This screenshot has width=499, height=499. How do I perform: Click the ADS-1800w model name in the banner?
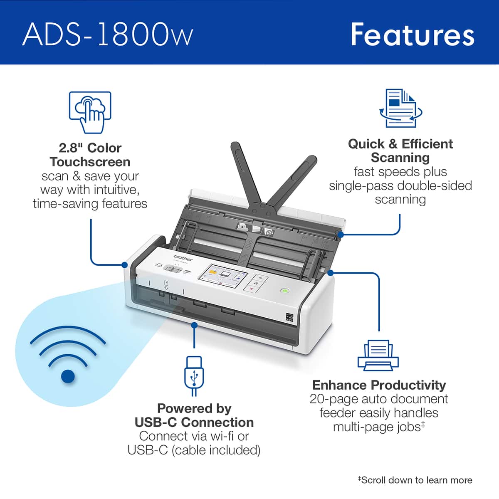(107, 34)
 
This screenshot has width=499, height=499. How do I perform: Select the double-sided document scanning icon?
(400, 108)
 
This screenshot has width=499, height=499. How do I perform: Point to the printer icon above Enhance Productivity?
(378, 355)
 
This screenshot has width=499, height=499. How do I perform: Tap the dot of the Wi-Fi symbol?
(68, 376)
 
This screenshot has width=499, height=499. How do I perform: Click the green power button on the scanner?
(284, 291)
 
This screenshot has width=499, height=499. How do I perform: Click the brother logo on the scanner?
(183, 258)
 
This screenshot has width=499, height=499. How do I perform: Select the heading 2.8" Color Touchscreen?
(90, 155)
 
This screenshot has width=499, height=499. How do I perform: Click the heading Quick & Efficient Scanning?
(400, 151)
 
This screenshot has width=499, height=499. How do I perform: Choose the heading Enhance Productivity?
(379, 385)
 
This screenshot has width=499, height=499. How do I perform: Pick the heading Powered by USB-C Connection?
(194, 415)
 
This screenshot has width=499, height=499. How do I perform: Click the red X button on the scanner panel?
(251, 288)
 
